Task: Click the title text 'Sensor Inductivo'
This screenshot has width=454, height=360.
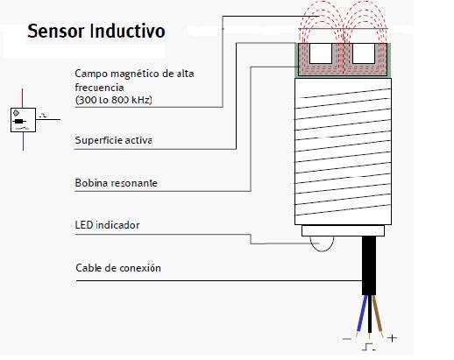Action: click(x=96, y=32)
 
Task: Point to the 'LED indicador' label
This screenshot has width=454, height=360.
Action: click(x=107, y=225)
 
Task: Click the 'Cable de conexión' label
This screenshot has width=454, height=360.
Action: click(x=118, y=268)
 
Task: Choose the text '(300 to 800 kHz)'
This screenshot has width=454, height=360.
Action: click(x=115, y=101)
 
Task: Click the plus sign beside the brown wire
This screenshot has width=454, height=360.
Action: click(x=392, y=337)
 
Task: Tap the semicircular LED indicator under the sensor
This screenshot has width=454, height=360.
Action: click(x=321, y=244)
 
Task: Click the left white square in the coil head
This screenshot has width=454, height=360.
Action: click(x=322, y=54)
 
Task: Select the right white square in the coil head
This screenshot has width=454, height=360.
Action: click(x=364, y=54)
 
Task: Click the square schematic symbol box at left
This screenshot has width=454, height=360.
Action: click(x=18, y=119)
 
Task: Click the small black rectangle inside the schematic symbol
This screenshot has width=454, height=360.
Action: click(x=18, y=118)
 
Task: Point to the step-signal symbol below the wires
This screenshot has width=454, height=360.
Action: click(x=369, y=345)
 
